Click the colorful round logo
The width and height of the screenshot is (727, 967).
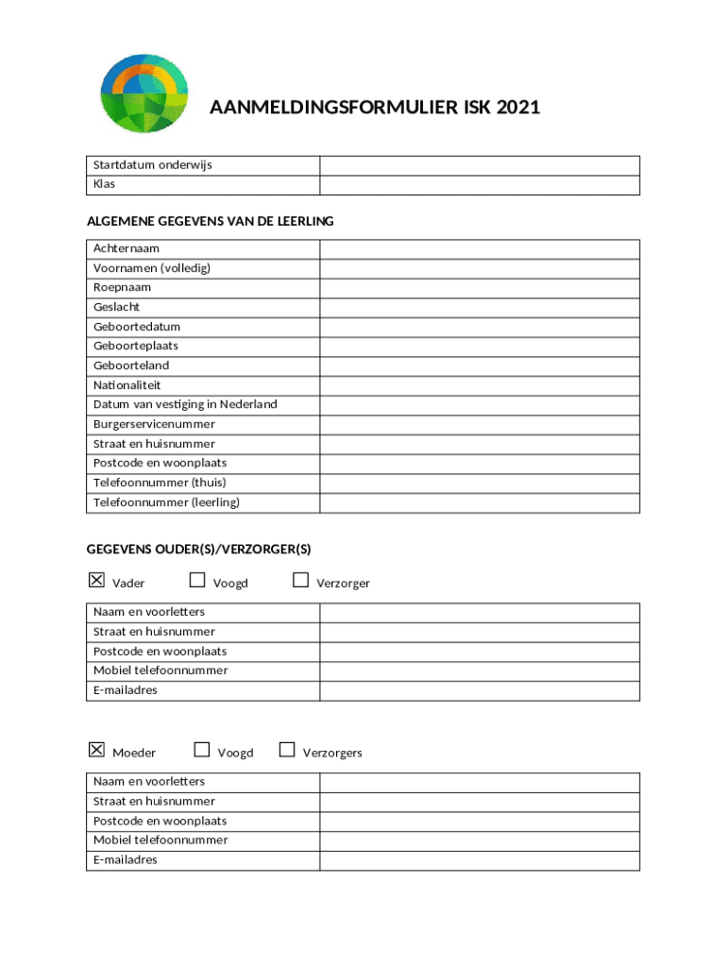pos(144,93)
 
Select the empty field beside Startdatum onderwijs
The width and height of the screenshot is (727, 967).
pos(480,165)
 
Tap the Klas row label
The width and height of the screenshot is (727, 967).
pos(104,184)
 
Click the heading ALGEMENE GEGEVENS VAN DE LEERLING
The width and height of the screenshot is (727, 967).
pos(210,221)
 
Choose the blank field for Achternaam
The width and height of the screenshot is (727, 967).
pos(480,248)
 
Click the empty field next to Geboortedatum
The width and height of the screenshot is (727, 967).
pos(480,327)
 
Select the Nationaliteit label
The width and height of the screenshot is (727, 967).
pos(127,385)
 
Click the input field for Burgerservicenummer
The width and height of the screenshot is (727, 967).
pos(480,424)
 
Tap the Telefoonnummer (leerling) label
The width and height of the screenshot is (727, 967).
pos(166,502)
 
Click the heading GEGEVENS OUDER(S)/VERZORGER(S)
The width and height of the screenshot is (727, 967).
pos(198,549)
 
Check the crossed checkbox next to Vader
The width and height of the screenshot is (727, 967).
pos(96,580)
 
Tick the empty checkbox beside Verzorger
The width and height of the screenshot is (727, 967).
pos(300,580)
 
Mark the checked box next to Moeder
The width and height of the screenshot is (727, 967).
pos(96,750)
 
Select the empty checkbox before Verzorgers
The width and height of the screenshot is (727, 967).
pos(287,750)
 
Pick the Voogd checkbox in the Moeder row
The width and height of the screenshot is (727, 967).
pos(201,750)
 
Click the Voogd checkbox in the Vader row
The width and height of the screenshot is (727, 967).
pos(197,580)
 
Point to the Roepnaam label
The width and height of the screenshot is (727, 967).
pos(122,287)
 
